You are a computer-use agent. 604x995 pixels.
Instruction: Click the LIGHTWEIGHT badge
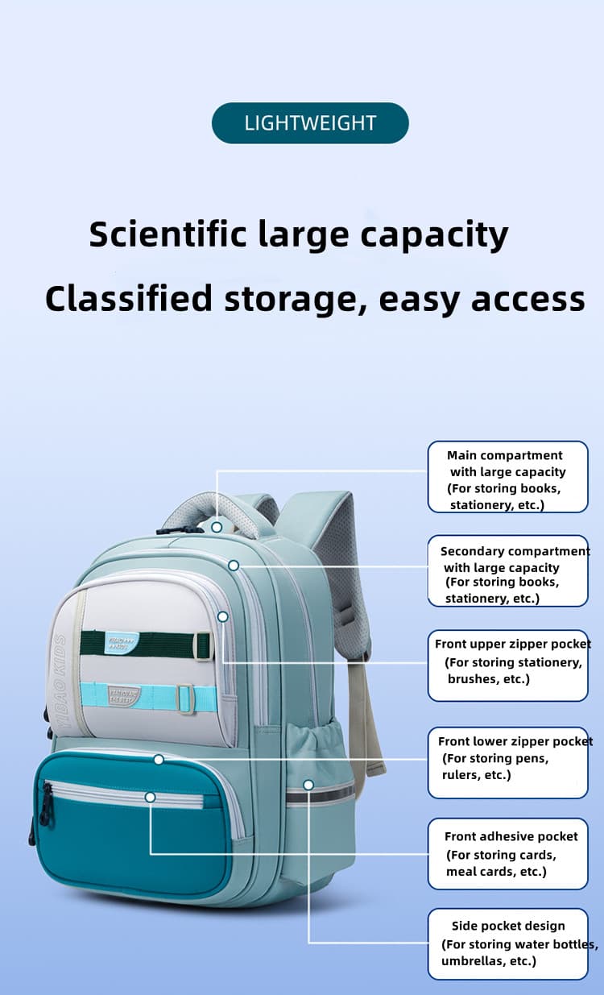pos(310,123)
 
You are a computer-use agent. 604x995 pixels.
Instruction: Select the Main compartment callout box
pos(507,476)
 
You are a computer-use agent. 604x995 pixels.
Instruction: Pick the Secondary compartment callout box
pos(507,570)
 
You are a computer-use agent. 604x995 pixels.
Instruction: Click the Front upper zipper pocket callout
pos(507,665)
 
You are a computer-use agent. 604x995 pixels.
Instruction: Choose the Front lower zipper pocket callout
pos(507,762)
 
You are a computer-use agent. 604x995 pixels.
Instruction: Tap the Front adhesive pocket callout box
pos(507,854)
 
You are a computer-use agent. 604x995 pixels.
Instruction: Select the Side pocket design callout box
pos(507,943)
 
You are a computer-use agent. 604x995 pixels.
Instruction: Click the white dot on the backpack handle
pos(217,527)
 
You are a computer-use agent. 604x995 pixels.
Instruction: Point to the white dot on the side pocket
pos(308,784)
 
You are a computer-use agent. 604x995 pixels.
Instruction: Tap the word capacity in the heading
pos(434,234)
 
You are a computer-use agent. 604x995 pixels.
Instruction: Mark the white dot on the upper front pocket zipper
pos(223,616)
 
